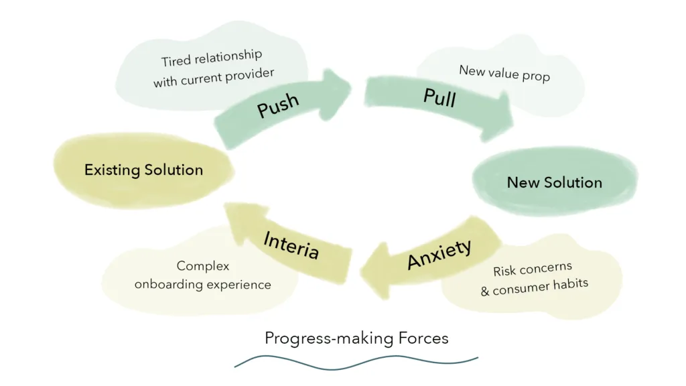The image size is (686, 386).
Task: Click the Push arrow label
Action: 278,105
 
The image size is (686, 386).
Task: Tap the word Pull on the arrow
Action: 439,97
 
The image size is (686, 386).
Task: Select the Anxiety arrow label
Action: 439,254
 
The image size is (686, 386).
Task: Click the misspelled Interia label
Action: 291,245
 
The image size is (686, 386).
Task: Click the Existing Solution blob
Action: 143,170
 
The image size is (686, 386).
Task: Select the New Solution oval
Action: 554,182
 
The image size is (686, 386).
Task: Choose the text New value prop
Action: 504,73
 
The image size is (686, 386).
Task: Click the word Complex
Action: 203,266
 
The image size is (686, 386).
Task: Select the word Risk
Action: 506,271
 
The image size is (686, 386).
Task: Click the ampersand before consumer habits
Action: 485,292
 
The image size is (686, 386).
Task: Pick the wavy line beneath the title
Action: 356,362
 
